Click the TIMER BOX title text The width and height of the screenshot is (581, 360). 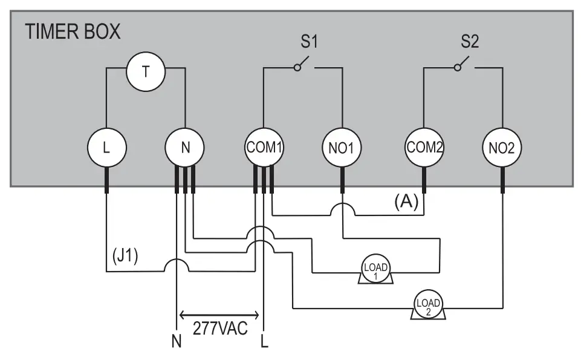point(73,31)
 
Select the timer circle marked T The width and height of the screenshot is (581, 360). point(145,71)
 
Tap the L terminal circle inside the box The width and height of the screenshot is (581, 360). point(106,147)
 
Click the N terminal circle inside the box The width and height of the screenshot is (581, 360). point(185,147)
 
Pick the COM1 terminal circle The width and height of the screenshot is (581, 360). point(264,147)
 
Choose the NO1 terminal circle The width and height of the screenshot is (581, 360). point(342,147)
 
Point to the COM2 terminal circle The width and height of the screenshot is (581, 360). point(424,147)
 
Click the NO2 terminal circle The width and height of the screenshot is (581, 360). point(502,147)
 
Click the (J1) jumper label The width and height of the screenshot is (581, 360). point(125,256)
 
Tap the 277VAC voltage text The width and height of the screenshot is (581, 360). point(220,329)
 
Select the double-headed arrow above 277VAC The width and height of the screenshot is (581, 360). point(219,315)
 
